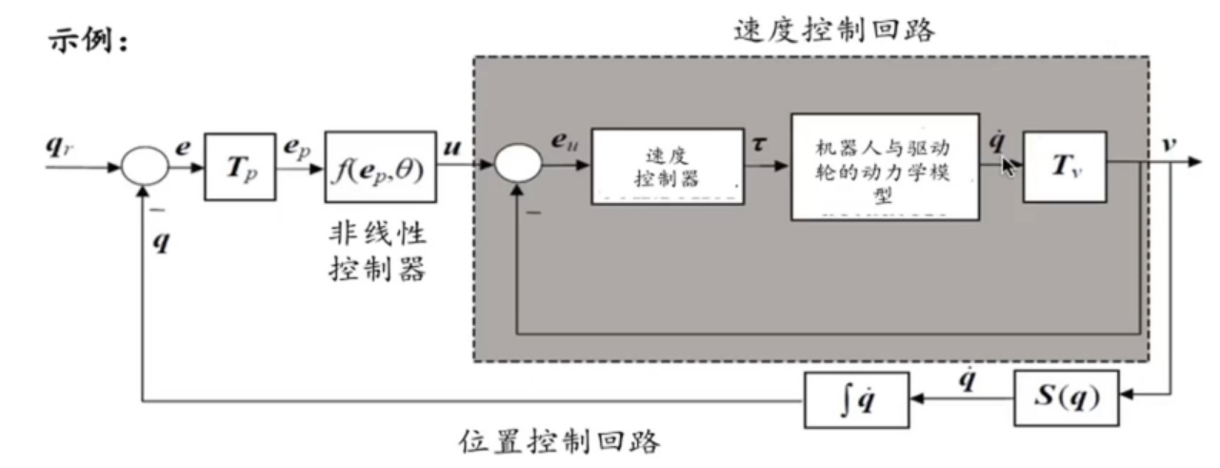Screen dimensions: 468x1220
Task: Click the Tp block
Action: click(x=240, y=167)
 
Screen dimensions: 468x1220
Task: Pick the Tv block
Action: click(x=1064, y=168)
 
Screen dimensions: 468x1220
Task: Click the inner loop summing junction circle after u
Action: click(x=518, y=168)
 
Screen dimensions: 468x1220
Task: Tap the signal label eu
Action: click(x=564, y=142)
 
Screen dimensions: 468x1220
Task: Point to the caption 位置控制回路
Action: click(x=559, y=441)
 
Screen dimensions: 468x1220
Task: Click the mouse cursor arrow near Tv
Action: click(x=1008, y=167)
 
